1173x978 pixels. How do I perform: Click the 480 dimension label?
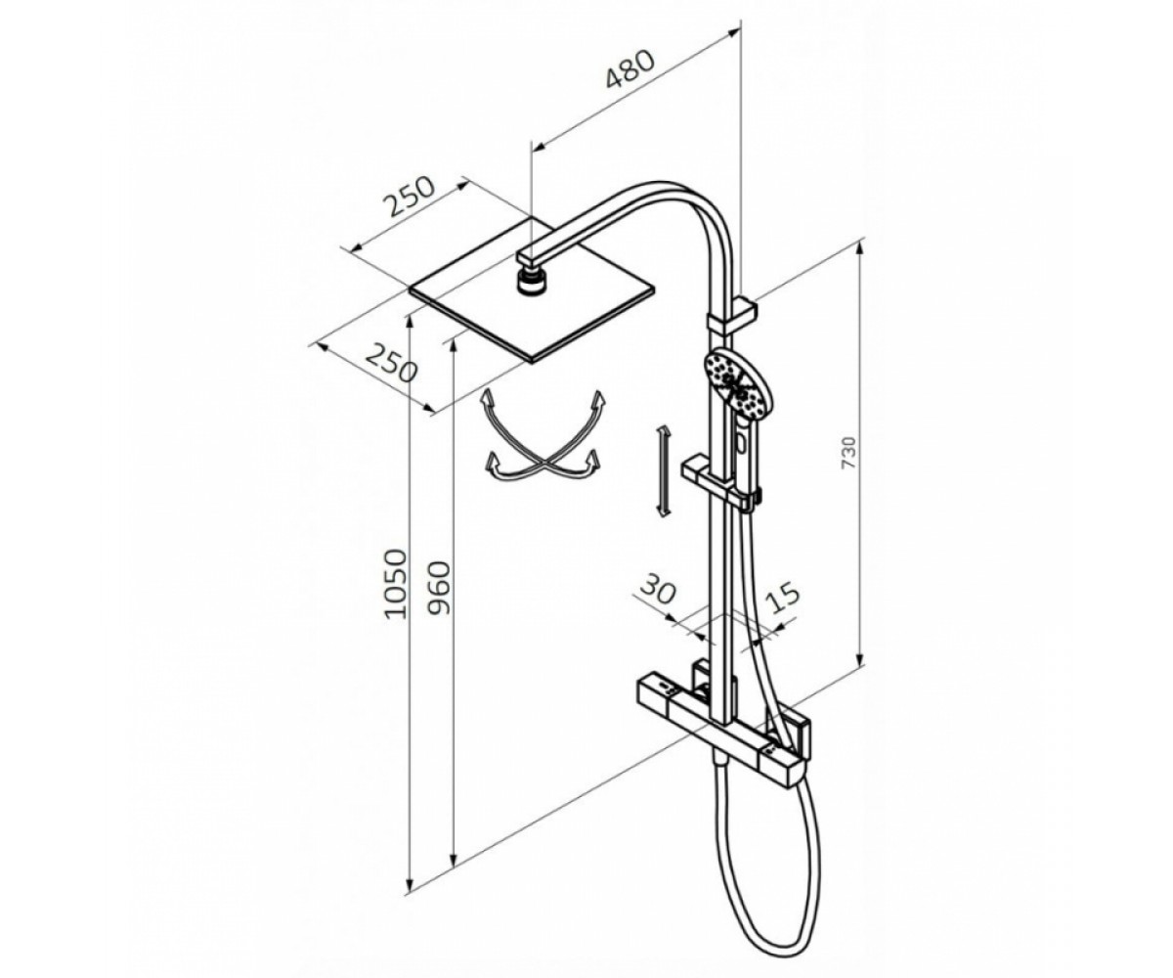[630, 69]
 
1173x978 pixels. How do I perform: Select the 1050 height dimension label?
[395, 585]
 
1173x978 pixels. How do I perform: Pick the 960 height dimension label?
[438, 589]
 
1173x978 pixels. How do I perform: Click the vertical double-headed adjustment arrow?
[663, 470]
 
